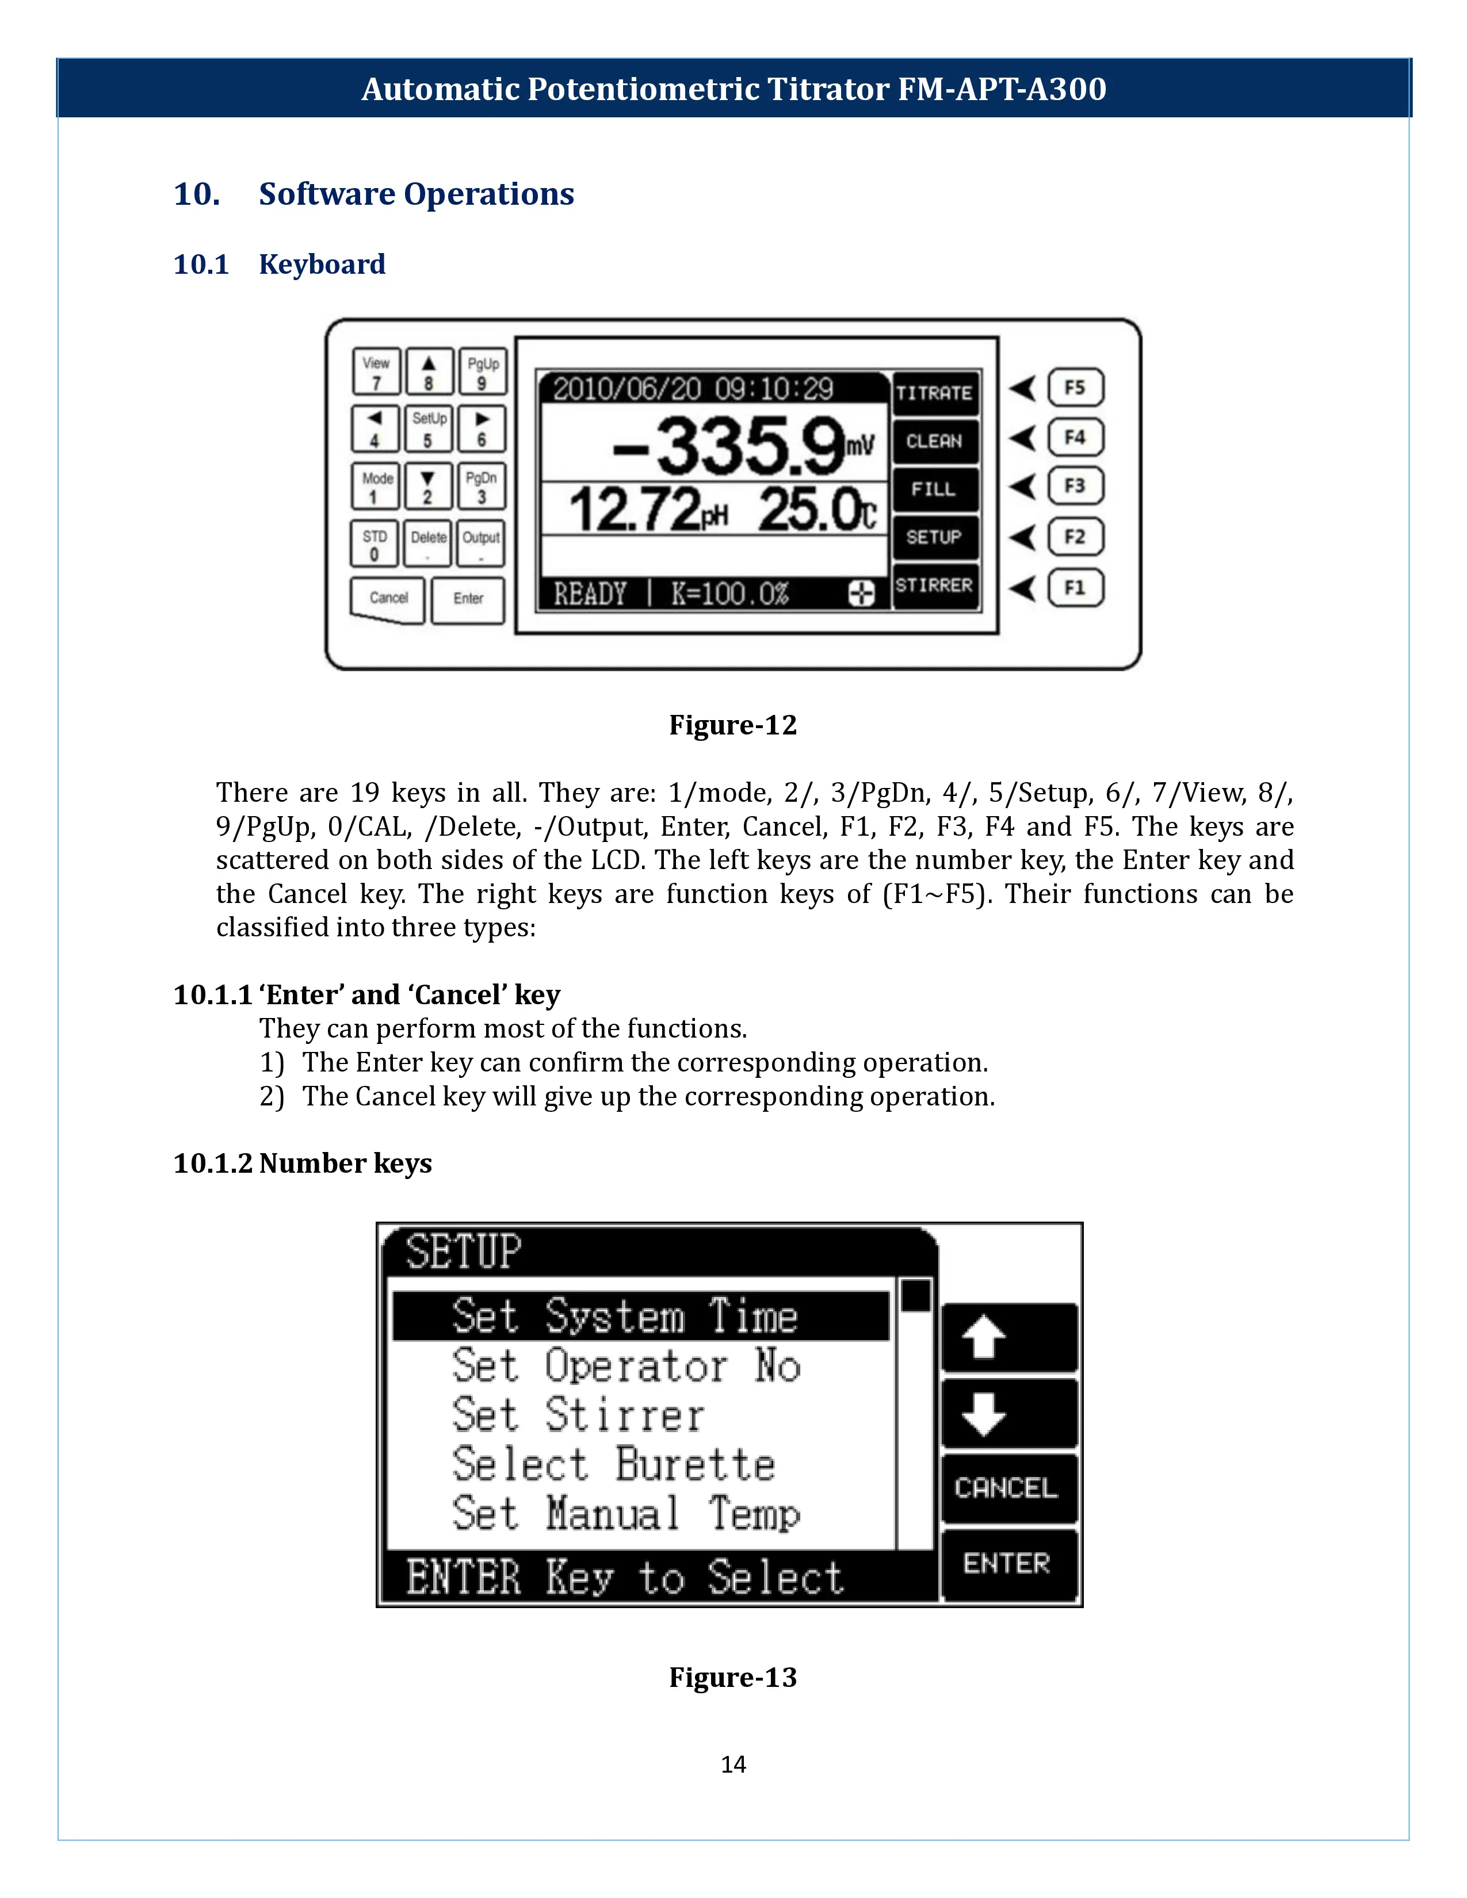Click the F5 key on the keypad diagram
tap(1075, 388)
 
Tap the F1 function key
tap(1075, 587)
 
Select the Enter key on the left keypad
tap(468, 599)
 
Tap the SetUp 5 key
tap(429, 428)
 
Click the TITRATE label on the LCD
tap(934, 393)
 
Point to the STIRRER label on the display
tap(934, 586)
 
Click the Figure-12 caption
tap(732, 725)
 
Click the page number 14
tap(732, 1764)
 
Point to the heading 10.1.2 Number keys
tap(303, 1163)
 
